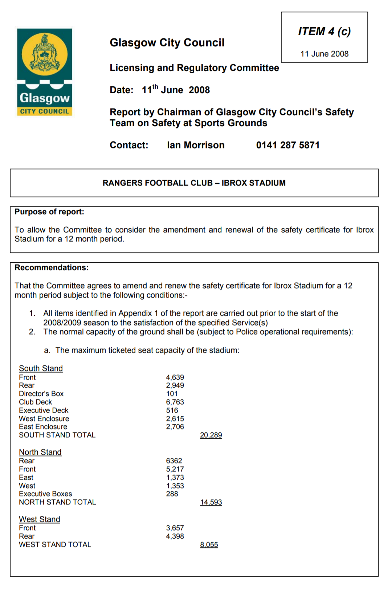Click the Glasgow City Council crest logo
point(45,72)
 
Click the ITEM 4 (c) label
point(324,32)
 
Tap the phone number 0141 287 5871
point(287,145)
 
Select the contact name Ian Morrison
point(196,145)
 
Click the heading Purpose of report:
point(49,212)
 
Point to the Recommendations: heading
point(52,268)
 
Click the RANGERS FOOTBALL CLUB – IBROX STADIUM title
point(194,183)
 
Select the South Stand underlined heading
point(41,369)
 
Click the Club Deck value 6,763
point(175,402)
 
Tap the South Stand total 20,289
point(211,435)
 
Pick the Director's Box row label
point(41,394)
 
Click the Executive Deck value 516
point(172,410)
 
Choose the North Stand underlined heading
point(40,452)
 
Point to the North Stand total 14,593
point(211,502)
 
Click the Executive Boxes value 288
point(172,494)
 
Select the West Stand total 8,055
point(209,545)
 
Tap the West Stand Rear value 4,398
point(175,536)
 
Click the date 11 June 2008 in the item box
point(324,54)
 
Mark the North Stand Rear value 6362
point(174,461)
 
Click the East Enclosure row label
point(43,427)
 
